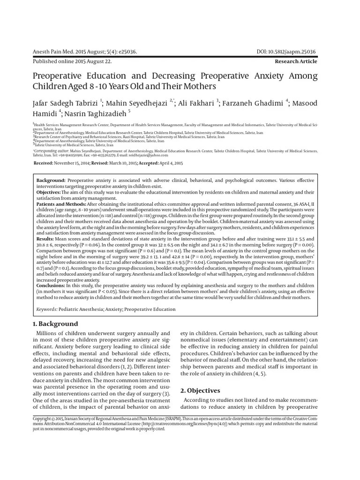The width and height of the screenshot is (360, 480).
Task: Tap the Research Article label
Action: pos(296,61)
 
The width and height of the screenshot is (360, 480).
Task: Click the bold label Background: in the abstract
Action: pos(51,180)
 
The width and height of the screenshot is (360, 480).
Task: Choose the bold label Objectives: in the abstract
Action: pos(49,192)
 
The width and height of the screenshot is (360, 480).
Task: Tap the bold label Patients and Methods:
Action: pos(60,204)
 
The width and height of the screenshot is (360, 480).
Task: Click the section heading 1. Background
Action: pos(55,324)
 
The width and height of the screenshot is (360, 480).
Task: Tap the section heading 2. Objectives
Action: pos(201,390)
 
